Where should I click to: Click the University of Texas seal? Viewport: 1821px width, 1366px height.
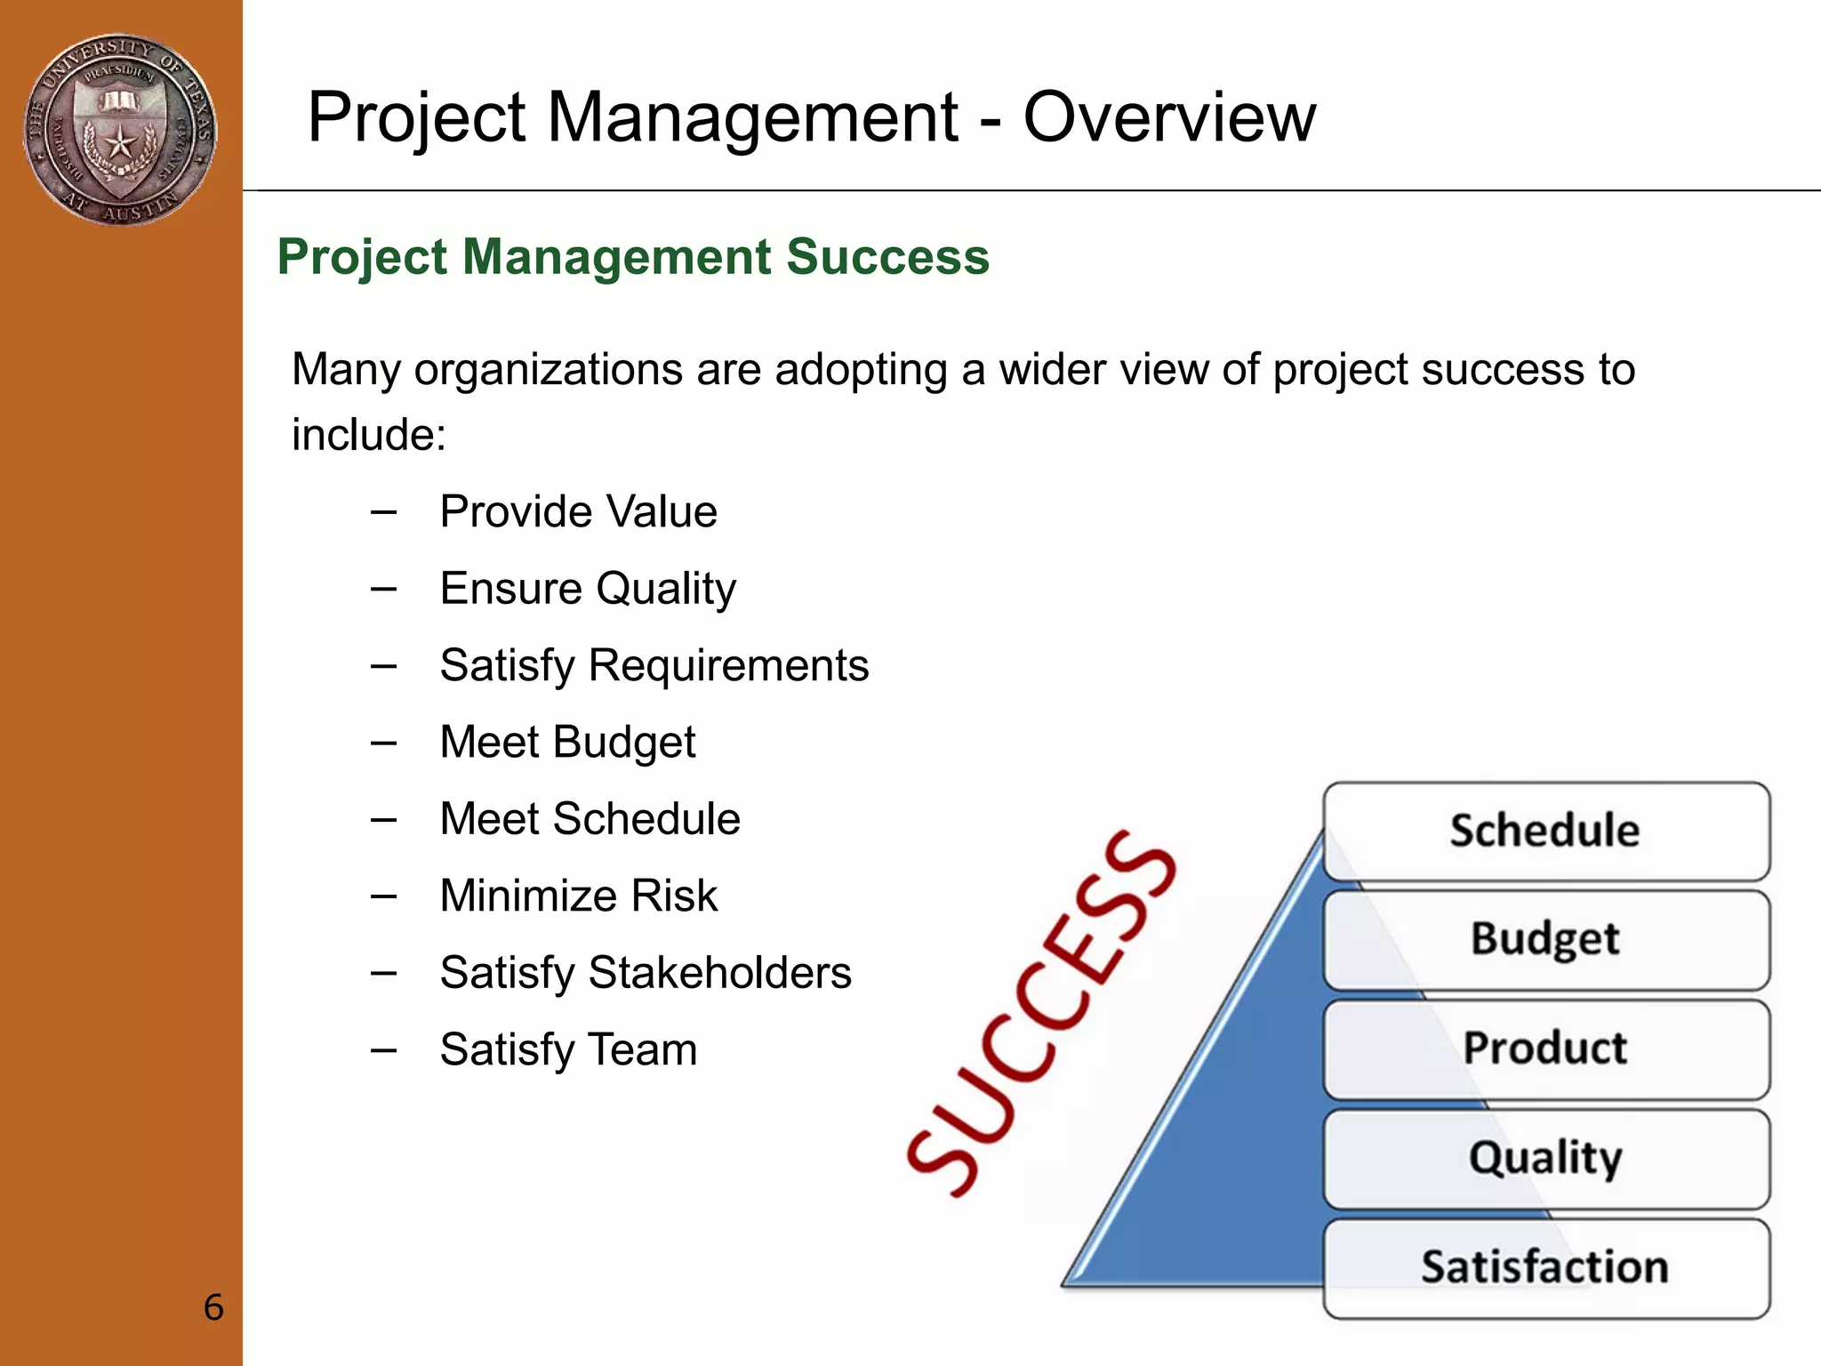(x=120, y=130)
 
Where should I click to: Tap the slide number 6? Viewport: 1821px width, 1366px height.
(x=213, y=1307)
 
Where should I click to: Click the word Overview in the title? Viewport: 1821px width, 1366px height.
(x=1168, y=117)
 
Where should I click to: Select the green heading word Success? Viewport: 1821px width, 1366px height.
(x=887, y=257)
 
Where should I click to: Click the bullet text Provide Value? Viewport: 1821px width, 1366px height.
(x=578, y=511)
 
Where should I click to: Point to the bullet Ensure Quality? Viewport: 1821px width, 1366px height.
(x=588, y=589)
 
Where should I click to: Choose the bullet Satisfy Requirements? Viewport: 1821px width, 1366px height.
(x=654, y=665)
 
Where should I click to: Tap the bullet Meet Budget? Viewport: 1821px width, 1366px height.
(x=567, y=743)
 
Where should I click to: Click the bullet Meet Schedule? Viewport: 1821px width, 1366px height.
(x=590, y=819)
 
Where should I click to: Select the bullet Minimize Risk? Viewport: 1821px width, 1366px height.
(x=578, y=896)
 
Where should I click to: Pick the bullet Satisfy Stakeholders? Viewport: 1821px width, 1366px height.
(x=646, y=973)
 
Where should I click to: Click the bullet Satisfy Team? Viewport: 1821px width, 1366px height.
(x=568, y=1049)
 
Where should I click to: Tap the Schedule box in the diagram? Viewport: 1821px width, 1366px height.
(x=1545, y=832)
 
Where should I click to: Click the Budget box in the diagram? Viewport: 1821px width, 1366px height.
(x=1545, y=940)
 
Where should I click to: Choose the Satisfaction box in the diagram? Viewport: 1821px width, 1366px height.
(x=1545, y=1268)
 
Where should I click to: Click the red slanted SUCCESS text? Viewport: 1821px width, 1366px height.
(x=1040, y=1014)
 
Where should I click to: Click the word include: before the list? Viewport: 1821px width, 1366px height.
(x=369, y=435)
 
